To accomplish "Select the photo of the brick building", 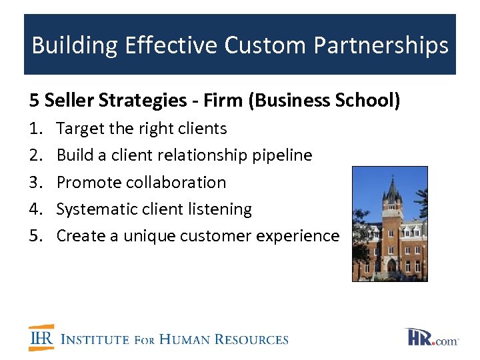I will [x=389, y=224].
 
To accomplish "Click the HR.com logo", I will [x=431, y=337].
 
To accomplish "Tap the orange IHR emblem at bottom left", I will [x=41, y=338].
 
